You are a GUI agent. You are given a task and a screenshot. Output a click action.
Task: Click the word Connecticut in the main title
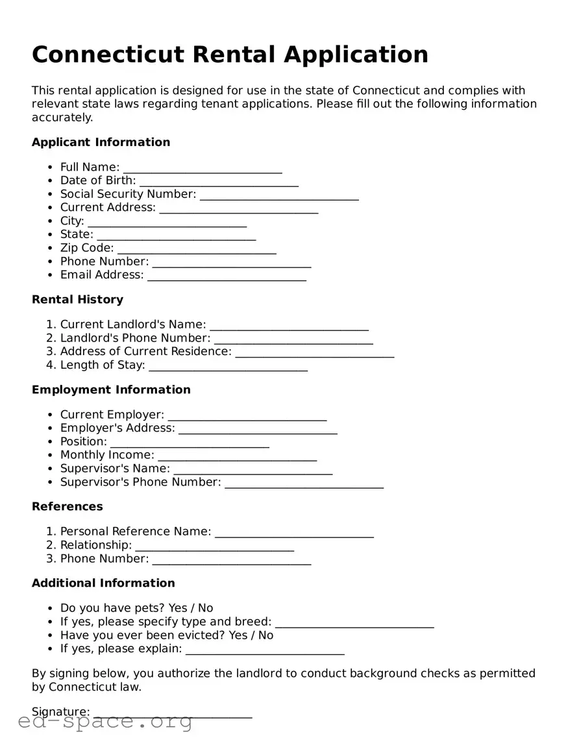[x=108, y=55]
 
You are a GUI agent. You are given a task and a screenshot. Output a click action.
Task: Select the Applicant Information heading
[x=101, y=142]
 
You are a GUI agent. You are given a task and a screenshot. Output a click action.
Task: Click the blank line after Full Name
[x=203, y=169]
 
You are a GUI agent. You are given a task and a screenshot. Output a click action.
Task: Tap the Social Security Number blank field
[x=279, y=195]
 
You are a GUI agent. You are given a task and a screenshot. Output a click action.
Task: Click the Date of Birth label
[x=98, y=180]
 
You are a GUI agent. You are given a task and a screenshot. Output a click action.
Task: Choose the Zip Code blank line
[x=197, y=249]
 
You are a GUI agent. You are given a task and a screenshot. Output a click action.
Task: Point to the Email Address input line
[x=227, y=276]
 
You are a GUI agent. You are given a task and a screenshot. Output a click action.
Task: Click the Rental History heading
[x=77, y=299]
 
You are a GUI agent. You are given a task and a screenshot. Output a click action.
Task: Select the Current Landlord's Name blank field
[x=289, y=326]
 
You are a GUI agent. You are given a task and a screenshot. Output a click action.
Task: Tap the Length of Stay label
[x=102, y=365]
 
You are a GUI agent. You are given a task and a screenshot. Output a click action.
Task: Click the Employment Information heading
[x=111, y=389]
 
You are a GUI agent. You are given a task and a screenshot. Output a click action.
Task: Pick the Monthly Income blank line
[x=237, y=456]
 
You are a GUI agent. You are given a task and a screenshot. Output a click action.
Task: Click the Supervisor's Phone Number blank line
[x=304, y=484]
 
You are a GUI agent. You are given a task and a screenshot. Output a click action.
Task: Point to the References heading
[x=67, y=506]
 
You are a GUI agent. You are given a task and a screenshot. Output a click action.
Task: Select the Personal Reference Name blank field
[x=294, y=533]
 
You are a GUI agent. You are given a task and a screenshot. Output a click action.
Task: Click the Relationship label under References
[x=95, y=545]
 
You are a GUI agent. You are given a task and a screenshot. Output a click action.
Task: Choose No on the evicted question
[x=265, y=635]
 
